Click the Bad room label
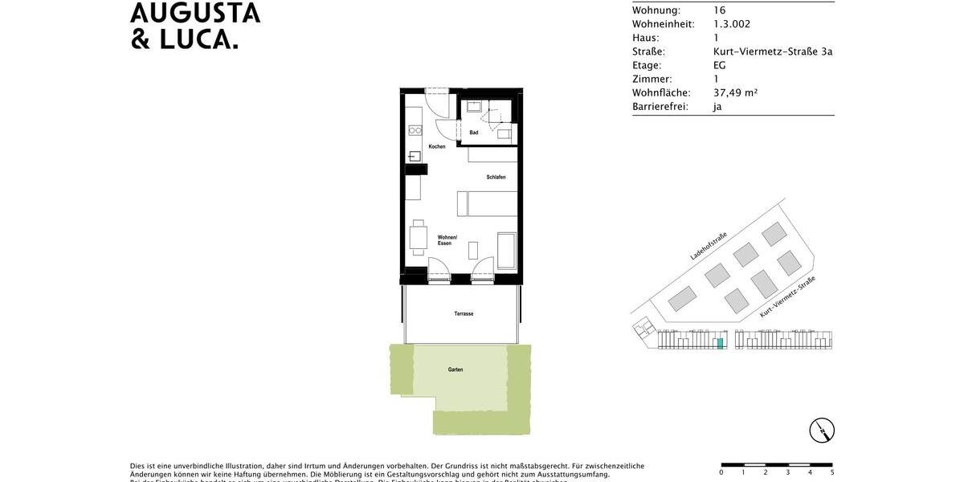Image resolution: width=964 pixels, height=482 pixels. click(474, 133)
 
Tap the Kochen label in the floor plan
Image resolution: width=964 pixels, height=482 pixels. click(437, 146)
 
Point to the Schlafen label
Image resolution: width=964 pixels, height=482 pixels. click(496, 177)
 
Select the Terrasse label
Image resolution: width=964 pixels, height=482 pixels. click(464, 313)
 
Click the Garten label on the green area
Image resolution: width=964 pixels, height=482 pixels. click(455, 370)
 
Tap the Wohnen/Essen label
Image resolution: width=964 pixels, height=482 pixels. click(447, 240)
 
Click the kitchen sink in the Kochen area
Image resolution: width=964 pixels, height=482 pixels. click(415, 156)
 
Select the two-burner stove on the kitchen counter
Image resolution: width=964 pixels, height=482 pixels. click(415, 127)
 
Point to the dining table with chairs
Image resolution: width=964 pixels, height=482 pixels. click(418, 237)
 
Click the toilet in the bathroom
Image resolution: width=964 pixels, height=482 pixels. click(504, 134)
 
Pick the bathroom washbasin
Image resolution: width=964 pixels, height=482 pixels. click(474, 106)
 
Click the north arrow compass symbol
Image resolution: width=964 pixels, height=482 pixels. click(822, 431)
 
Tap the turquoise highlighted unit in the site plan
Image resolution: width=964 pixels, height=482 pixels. click(720, 343)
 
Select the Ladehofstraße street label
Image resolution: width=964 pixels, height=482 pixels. click(709, 246)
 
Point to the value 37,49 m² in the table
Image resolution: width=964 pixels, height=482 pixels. click(735, 92)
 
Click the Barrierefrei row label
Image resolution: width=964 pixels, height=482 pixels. click(660, 106)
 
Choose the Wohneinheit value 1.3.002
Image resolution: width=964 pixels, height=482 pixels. click(732, 24)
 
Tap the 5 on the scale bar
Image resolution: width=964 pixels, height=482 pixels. click(831, 472)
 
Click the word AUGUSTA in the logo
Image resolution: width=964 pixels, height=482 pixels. click(195, 13)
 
